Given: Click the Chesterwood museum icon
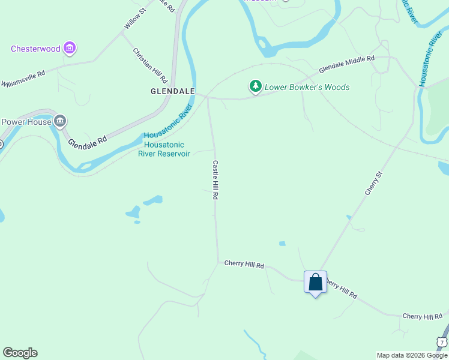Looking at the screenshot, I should point(70,48).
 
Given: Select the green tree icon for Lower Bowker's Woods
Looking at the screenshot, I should point(256,87).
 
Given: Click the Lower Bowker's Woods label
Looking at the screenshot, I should point(307,88).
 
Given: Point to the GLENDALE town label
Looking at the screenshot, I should point(172,91).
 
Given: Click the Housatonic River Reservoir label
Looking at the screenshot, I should point(164,149).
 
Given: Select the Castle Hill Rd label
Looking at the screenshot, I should point(214,179).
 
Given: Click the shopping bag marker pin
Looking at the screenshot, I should point(315,282).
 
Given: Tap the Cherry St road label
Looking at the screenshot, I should point(373,183).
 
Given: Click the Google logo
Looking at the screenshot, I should point(20,353).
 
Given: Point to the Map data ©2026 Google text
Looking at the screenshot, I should point(412,355).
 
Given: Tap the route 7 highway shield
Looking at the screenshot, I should point(442,342).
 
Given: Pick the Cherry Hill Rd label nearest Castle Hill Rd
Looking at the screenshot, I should point(244,263).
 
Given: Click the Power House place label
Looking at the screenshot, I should point(26,122).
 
